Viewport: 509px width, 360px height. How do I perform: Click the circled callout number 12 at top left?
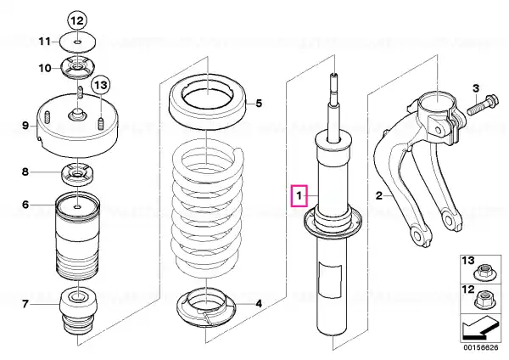(76, 20)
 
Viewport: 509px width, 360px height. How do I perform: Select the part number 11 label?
(46, 40)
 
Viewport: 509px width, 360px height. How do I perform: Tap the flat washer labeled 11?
(77, 40)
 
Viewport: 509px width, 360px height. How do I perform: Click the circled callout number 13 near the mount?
(101, 85)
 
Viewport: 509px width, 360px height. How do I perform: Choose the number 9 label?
(25, 127)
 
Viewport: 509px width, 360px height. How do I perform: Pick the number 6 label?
(25, 205)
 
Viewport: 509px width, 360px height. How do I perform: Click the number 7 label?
(25, 304)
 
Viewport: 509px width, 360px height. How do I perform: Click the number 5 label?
(260, 104)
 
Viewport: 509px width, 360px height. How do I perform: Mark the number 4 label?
(259, 303)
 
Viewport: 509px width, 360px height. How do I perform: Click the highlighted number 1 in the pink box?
(298, 198)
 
